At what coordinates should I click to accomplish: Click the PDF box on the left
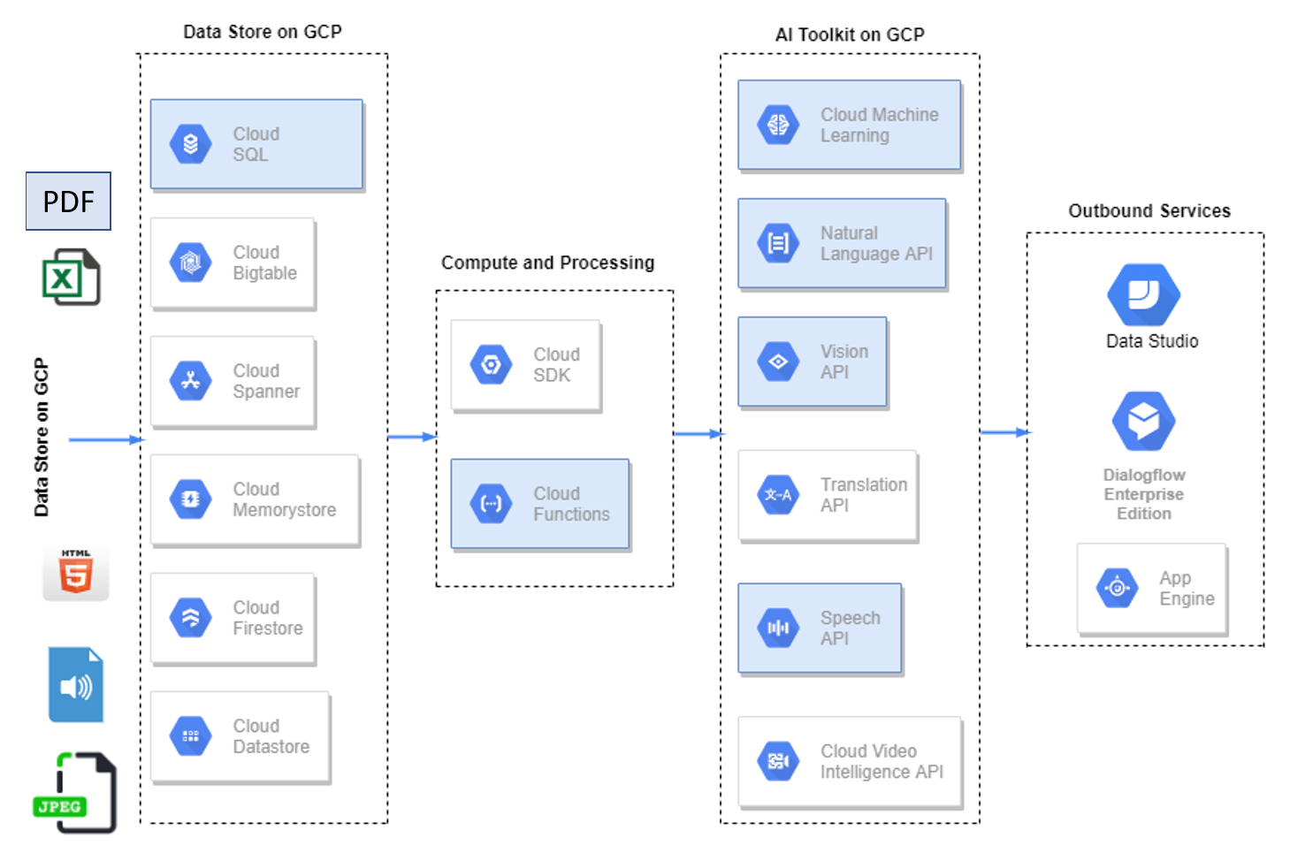coord(68,202)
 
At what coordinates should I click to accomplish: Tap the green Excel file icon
coord(71,278)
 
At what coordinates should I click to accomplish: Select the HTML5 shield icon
coord(76,573)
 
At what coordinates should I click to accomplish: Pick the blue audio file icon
coord(76,685)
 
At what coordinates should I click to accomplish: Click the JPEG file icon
coord(76,793)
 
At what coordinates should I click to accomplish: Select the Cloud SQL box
coord(256,144)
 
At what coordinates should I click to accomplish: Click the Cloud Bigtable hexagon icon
coord(191,263)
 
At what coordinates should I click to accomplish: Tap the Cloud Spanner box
coord(233,381)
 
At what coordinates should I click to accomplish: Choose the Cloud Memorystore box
coord(255,499)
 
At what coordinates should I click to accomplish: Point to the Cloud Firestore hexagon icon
coord(191,618)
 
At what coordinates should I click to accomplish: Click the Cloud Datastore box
coord(240,736)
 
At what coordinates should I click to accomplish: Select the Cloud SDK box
coord(526,365)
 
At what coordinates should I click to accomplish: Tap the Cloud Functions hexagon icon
coord(492,504)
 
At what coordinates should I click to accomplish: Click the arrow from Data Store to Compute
coord(412,437)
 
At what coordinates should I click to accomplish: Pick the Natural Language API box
coord(842,244)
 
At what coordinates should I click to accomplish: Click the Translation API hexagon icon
coord(778,495)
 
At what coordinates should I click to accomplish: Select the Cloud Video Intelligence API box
coord(850,761)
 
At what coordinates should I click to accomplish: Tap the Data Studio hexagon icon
coord(1143,295)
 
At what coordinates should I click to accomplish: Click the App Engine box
coord(1152,589)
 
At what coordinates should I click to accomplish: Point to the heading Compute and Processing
coord(547,263)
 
